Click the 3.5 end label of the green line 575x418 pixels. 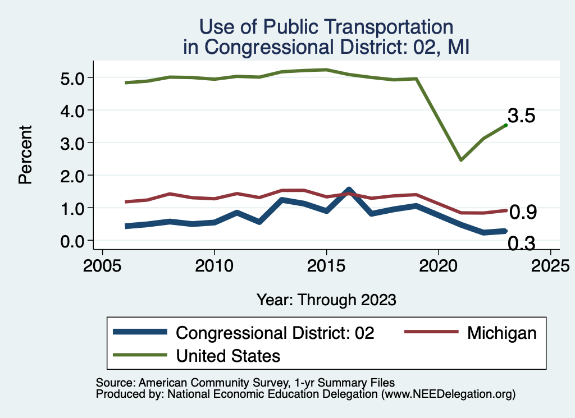point(521,116)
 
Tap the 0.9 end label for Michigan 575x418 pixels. point(522,212)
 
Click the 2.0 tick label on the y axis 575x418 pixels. point(72,176)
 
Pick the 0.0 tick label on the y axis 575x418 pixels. point(72,241)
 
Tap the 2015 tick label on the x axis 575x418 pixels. point(326,265)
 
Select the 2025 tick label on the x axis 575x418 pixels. point(550,265)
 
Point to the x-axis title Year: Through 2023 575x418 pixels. point(326,300)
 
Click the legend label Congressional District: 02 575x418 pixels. point(275,333)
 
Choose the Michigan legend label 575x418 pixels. point(501,333)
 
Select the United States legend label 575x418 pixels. point(228,355)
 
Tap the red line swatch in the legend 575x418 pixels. point(430,333)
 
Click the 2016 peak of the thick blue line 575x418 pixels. point(349,190)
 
